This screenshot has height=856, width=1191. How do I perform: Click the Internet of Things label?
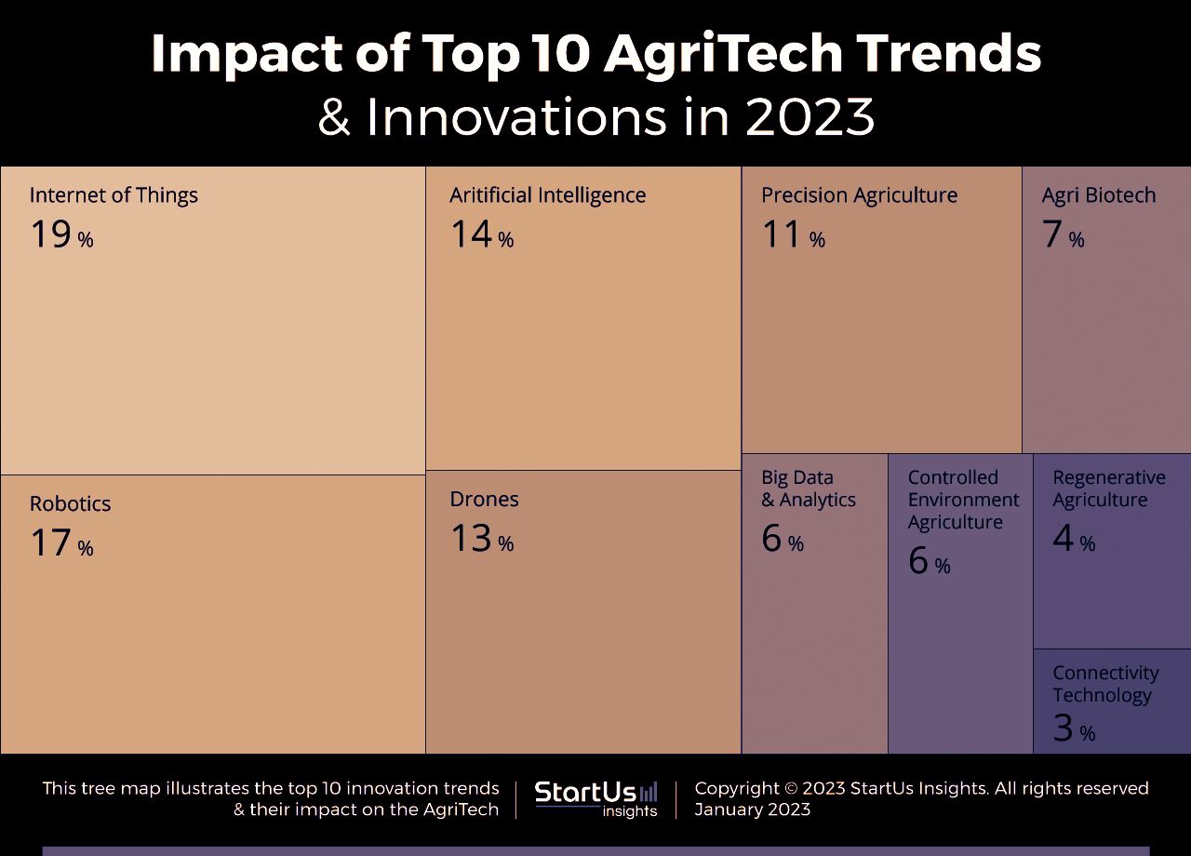pyautogui.click(x=114, y=195)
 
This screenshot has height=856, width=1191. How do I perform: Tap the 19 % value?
pyautogui.click(x=61, y=234)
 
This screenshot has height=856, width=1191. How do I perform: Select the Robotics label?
pyautogui.click(x=70, y=504)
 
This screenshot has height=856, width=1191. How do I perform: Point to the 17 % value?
pyautogui.click(x=61, y=543)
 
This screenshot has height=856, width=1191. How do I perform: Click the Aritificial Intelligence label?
pyautogui.click(x=547, y=195)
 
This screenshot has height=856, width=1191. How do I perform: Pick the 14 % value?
pyautogui.click(x=481, y=234)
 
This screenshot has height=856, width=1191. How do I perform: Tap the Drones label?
pyautogui.click(x=484, y=500)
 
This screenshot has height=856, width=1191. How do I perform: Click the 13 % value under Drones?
pyautogui.click(x=481, y=539)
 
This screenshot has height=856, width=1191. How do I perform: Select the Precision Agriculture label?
pyautogui.click(x=859, y=195)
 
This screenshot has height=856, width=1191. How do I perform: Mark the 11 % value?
pyautogui.click(x=793, y=234)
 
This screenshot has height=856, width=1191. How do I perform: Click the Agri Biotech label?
pyautogui.click(x=1098, y=195)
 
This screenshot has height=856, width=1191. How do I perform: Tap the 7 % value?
pyautogui.click(x=1063, y=234)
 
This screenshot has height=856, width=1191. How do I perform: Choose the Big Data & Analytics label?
pyautogui.click(x=808, y=488)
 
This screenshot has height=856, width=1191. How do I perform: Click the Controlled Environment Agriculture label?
pyautogui.click(x=963, y=500)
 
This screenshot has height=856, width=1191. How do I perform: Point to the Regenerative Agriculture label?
pyautogui.click(x=1108, y=488)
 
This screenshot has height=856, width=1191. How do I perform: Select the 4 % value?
pyautogui.click(x=1073, y=539)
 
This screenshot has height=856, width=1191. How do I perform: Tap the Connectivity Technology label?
pyautogui.click(x=1105, y=684)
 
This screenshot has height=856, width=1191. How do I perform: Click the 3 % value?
pyautogui.click(x=1073, y=729)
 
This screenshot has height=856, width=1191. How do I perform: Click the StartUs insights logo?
pyautogui.click(x=595, y=798)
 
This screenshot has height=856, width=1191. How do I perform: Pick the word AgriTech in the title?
pyautogui.click(x=723, y=53)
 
